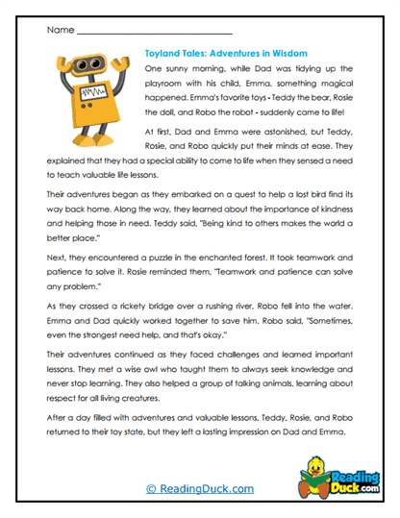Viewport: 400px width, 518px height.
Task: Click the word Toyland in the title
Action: pyautogui.click(x=162, y=55)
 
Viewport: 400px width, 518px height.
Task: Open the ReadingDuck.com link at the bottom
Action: pyautogui.click(x=201, y=490)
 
